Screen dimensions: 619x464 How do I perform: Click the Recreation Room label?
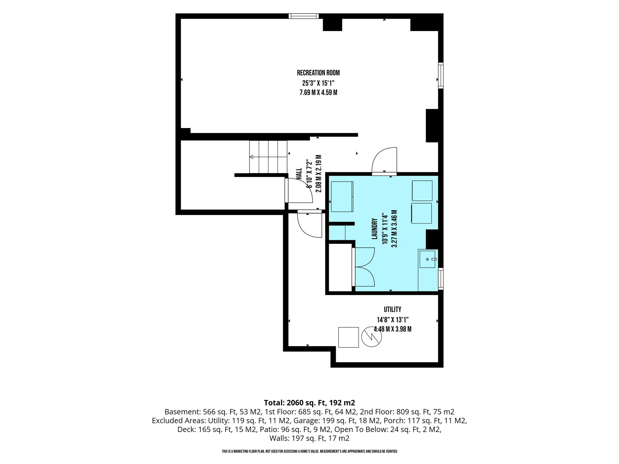(x=318, y=73)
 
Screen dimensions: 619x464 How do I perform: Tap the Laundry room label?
(x=375, y=229)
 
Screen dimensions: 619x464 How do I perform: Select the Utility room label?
(x=392, y=309)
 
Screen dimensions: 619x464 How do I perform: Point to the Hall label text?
(x=299, y=174)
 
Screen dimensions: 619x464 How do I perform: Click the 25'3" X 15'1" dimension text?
(x=318, y=83)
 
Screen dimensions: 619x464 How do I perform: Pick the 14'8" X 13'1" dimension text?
(x=393, y=319)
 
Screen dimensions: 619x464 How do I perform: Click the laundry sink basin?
(x=427, y=259)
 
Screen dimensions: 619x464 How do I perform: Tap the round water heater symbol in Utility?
(x=371, y=337)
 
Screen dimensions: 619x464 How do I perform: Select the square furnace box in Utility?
(x=348, y=337)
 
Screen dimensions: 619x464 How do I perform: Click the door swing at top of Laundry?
(x=384, y=161)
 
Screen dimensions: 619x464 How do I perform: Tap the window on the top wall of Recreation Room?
(x=303, y=16)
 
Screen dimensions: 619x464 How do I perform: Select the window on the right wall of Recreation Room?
(x=441, y=75)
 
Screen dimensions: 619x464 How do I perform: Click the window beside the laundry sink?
(x=441, y=279)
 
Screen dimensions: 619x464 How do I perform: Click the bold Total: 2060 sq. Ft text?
(x=309, y=403)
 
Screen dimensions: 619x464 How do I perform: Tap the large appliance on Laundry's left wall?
(x=342, y=196)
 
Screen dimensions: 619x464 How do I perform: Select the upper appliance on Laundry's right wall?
(x=422, y=191)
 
